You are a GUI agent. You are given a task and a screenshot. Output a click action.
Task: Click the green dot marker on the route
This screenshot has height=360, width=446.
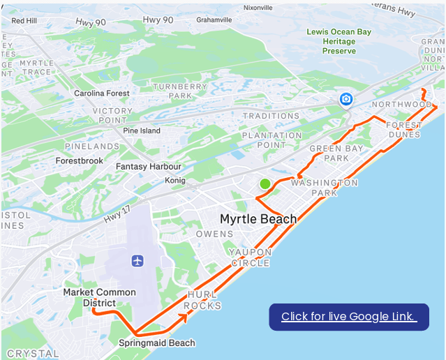(265, 184)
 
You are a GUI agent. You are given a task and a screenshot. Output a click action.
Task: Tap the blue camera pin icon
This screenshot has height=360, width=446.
(345, 100)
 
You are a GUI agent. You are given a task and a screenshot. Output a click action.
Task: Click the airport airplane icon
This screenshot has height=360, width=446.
(137, 260)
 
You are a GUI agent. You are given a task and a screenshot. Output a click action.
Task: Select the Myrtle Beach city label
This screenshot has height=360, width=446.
(258, 218)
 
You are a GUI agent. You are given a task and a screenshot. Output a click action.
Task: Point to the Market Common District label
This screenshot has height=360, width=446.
(99, 297)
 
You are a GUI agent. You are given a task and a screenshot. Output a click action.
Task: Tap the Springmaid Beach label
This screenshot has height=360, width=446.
(157, 343)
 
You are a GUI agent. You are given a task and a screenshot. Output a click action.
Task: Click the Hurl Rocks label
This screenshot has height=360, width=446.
(203, 300)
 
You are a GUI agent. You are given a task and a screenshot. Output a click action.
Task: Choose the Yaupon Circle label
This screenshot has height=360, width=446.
(249, 257)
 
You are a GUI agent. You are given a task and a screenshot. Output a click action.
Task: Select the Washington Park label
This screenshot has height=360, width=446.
(324, 187)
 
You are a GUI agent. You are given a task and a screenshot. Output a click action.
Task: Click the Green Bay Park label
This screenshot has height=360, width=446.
(329, 153)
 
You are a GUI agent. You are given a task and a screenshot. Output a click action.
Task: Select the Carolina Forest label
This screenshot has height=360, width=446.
(102, 93)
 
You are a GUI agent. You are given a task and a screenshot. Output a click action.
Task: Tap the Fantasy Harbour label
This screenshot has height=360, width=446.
(148, 167)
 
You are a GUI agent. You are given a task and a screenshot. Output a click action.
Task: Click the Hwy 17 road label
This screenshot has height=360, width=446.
(117, 209)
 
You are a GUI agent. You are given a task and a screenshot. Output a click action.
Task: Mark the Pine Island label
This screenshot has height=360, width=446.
(141, 130)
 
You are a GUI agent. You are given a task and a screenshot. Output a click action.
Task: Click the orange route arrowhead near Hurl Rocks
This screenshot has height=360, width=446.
(184, 317)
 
